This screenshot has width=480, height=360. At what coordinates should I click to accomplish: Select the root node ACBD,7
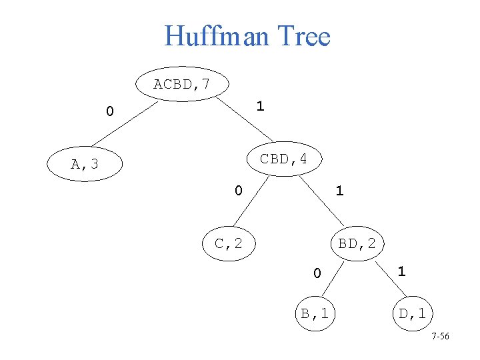click(x=181, y=85)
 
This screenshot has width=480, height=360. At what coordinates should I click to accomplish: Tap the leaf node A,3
click(x=85, y=164)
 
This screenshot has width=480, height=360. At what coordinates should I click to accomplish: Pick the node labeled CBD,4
click(x=283, y=159)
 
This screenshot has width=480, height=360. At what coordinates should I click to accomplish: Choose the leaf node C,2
click(x=229, y=244)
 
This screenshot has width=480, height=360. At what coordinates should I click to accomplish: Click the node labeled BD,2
click(x=357, y=244)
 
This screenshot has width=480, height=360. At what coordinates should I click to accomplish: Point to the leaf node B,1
click(x=314, y=313)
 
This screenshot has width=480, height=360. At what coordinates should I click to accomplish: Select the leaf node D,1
click(x=412, y=313)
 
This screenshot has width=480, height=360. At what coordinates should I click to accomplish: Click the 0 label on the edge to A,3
click(x=109, y=111)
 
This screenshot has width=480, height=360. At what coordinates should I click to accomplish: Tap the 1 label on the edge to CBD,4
click(x=260, y=106)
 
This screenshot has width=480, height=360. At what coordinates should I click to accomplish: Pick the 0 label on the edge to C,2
click(x=238, y=191)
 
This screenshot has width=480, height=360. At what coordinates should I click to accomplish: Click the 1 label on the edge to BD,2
click(x=339, y=191)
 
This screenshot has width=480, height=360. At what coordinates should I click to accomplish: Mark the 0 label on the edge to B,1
click(x=317, y=273)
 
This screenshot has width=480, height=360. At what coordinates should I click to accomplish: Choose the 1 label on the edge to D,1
click(x=401, y=271)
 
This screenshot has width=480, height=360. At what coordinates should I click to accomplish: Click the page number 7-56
click(x=440, y=337)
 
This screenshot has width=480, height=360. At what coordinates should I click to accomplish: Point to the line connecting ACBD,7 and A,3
click(x=127, y=123)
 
